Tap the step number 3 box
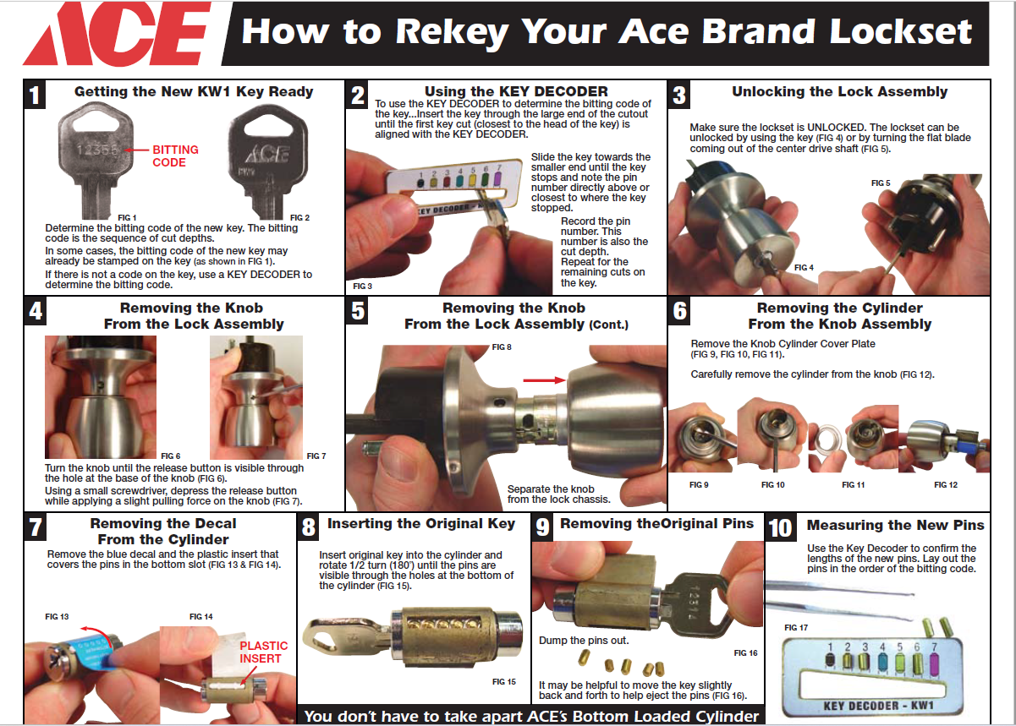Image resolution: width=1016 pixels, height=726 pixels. coord(679,95)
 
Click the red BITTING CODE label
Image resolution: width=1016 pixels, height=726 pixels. coord(175,156)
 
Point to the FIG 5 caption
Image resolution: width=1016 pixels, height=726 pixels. coord(881,183)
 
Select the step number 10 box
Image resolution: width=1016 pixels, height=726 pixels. coord(780,527)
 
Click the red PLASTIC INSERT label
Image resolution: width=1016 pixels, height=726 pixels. coord(263,652)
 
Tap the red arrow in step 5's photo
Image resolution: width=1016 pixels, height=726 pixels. coord(544,380)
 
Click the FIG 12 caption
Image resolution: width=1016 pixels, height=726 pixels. coord(946,485)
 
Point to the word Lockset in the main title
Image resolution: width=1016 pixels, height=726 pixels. coord(901,32)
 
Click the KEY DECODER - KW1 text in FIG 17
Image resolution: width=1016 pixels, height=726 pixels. coord(879,706)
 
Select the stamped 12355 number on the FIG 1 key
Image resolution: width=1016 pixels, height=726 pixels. coord(97,150)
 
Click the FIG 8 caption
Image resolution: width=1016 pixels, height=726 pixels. coord(502,347)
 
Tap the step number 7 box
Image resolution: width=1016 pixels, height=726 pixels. coord(36,527)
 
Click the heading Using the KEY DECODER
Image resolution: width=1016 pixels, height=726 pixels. coord(516,91)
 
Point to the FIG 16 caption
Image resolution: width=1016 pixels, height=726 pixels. coord(745,653)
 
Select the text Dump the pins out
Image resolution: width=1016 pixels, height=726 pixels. coord(584,641)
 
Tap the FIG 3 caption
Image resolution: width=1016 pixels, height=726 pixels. coord(362,287)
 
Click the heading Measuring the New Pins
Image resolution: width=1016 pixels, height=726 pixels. coord(895,525)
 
